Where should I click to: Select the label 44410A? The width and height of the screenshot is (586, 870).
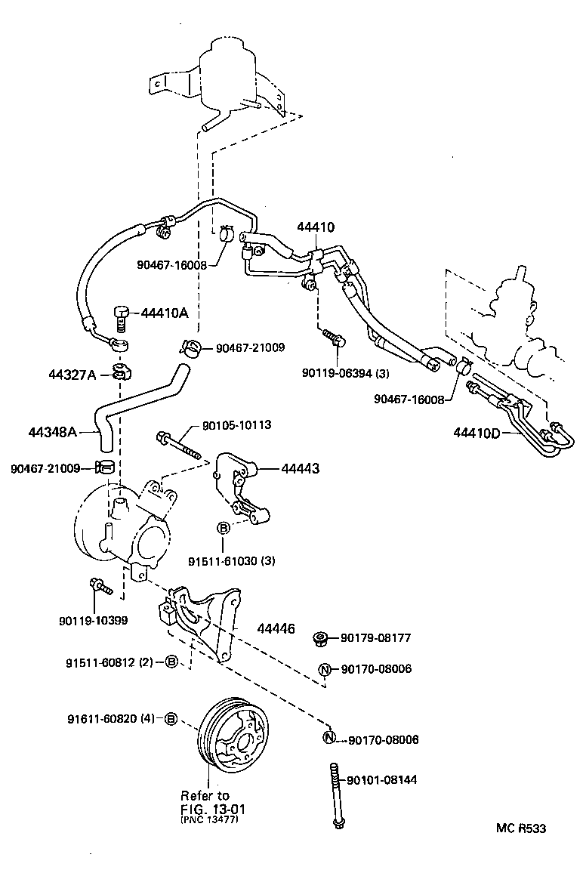pyautogui.click(x=162, y=313)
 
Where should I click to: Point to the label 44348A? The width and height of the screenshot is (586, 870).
pyautogui.click(x=54, y=432)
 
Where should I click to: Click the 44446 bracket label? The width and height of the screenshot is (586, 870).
pyautogui.click(x=276, y=628)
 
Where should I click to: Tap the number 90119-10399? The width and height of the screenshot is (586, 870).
pyautogui.click(x=93, y=620)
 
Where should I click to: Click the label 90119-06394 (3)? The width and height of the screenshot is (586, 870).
pyautogui.click(x=345, y=372)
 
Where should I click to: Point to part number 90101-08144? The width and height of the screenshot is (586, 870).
pyautogui.click(x=382, y=779)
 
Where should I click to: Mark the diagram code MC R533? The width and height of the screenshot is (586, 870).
pyautogui.click(x=520, y=828)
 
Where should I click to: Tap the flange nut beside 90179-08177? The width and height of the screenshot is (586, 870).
pyautogui.click(x=320, y=640)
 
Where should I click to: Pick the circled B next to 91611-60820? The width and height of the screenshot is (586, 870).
pyautogui.click(x=171, y=718)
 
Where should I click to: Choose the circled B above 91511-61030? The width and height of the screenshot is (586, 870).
pyautogui.click(x=224, y=528)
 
